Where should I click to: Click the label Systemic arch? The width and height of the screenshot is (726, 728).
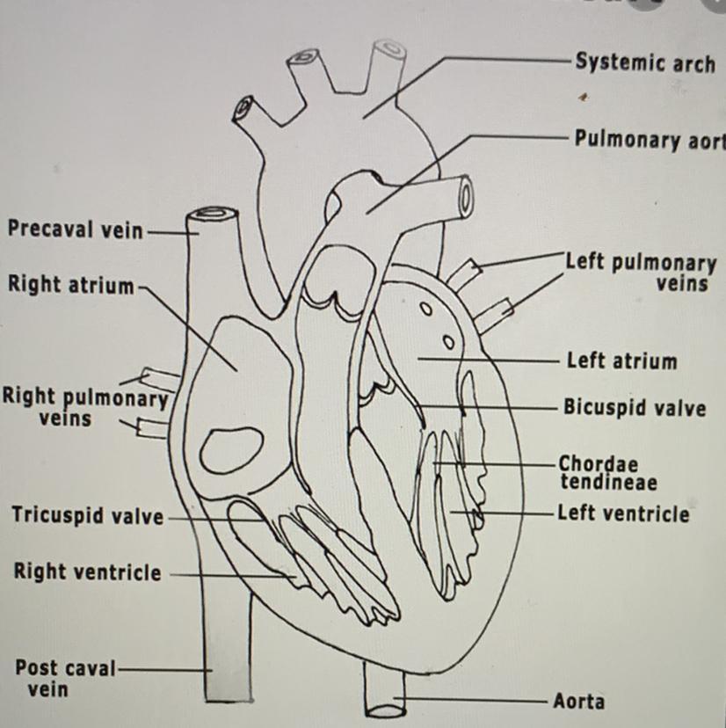tap(644, 62)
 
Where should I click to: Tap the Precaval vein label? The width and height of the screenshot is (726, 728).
tap(75, 229)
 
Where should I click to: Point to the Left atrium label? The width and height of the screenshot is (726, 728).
tap(621, 360)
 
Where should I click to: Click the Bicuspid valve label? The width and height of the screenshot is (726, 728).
tap(634, 408)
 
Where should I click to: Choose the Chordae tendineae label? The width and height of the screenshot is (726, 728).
tap(607, 472)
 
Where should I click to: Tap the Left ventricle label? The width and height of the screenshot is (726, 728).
tap(623, 513)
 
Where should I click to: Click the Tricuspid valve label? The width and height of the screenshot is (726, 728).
tap(87, 515)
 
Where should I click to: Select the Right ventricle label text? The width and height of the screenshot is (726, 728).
tap(87, 572)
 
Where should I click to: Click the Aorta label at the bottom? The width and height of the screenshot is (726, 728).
tap(578, 701)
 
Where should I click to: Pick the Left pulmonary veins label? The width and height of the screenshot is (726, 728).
tap(641, 273)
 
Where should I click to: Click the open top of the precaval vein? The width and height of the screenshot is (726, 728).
tap(214, 213)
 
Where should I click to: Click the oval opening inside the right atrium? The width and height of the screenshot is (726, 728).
tap(231, 449)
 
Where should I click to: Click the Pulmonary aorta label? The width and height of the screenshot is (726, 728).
tap(650, 140)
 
